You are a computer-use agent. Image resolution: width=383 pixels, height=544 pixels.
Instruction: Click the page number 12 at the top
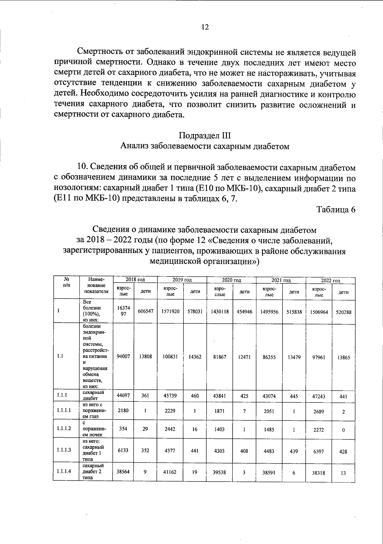coord(205,27)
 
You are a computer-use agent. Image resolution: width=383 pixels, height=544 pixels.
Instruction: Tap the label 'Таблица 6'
coord(336,209)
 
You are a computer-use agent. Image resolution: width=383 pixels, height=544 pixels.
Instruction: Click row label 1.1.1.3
coord(64,450)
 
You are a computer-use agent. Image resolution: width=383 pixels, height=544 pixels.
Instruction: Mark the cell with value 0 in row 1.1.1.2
coord(343,430)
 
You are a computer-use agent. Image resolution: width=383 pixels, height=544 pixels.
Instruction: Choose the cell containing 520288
coord(343,312)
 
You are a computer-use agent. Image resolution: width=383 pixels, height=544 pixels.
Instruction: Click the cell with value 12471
coord(244,357)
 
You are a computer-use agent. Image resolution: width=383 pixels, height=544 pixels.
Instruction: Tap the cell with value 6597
coord(319,451)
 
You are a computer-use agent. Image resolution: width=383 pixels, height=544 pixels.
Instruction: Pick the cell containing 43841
coord(220,396)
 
